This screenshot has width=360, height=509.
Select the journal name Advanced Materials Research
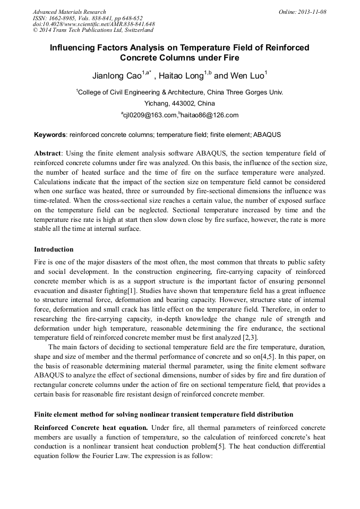(x=69, y=12)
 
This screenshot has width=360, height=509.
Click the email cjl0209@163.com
(x=150, y=115)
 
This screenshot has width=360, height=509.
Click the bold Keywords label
(x=50, y=135)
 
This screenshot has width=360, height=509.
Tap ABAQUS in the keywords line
(x=267, y=135)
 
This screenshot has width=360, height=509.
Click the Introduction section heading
(x=54, y=249)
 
